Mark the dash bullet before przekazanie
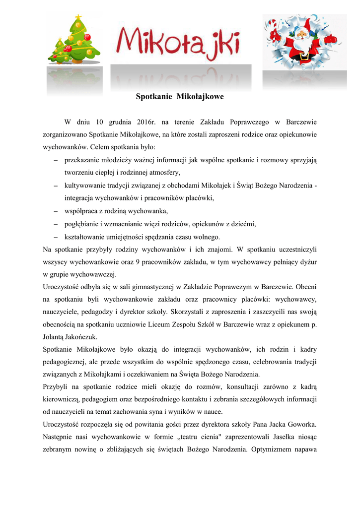(56, 160)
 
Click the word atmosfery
(163, 173)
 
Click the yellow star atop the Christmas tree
(78, 18)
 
